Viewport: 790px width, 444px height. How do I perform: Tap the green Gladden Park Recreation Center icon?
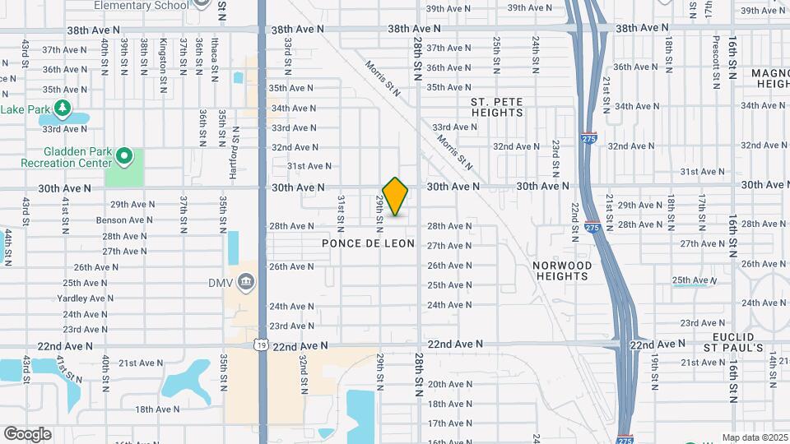(x=124, y=155)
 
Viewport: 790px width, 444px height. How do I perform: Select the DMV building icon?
(x=245, y=284)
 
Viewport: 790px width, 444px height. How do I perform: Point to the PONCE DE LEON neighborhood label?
(x=368, y=244)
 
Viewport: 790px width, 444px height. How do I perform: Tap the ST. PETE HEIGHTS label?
(x=496, y=107)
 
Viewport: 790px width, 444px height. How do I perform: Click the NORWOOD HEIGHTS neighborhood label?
(x=562, y=271)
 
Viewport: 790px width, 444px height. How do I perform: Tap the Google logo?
(x=27, y=434)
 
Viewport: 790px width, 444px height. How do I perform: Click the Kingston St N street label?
(x=163, y=56)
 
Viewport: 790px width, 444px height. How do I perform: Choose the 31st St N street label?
(x=339, y=211)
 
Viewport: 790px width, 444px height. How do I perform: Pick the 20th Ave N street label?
(x=448, y=384)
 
